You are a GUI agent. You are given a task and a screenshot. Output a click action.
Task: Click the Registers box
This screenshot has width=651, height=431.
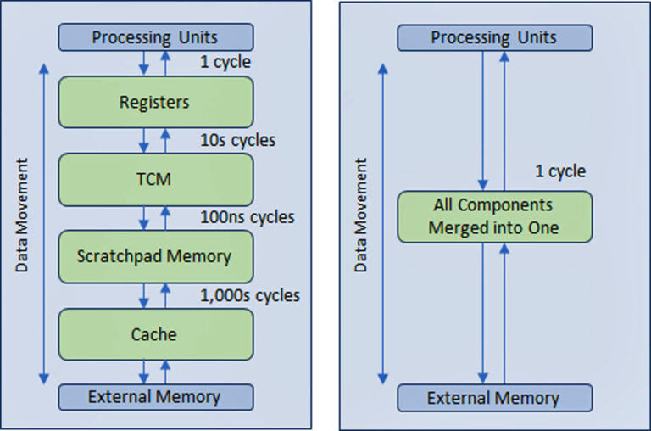click(155, 102)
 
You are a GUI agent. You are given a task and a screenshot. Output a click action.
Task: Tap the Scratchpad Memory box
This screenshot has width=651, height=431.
click(155, 255)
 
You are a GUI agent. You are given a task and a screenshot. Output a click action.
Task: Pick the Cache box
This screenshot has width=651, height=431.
click(155, 333)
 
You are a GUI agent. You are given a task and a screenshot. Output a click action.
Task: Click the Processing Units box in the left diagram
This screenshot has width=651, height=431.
click(155, 37)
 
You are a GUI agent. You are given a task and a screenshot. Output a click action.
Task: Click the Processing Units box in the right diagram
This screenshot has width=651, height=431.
click(493, 37)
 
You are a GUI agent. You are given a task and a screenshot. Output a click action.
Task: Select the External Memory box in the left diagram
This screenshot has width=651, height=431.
click(155, 397)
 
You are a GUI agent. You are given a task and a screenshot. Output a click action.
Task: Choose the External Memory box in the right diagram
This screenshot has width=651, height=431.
click(493, 398)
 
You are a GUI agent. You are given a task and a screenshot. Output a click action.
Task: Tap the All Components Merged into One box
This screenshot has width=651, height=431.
click(493, 216)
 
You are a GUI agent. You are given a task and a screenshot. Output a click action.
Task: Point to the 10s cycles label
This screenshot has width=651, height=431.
click(236, 140)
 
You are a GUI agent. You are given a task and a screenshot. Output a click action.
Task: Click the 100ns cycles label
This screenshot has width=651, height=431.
click(247, 217)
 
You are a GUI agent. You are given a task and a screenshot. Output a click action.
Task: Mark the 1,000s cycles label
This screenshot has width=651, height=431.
click(250, 295)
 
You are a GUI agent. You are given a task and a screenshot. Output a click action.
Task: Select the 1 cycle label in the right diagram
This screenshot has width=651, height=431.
click(559, 171)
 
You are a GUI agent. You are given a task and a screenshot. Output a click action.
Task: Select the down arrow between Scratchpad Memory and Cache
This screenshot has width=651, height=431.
click(145, 295)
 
